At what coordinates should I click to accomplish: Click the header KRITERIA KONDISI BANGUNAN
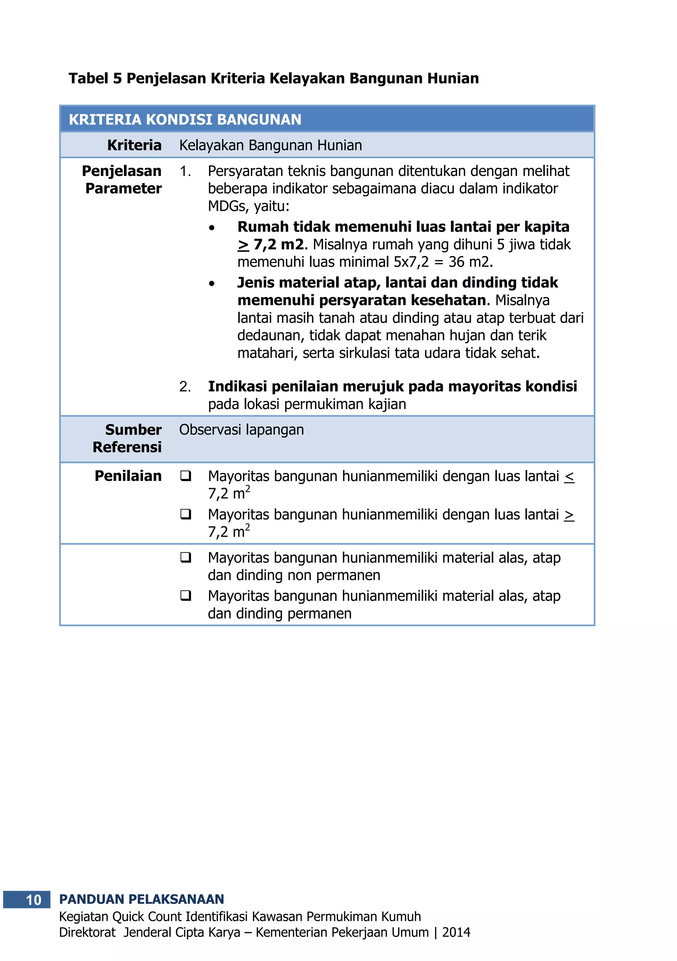(x=185, y=120)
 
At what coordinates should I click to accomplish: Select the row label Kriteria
(x=134, y=145)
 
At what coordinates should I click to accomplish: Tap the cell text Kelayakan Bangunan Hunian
(x=270, y=145)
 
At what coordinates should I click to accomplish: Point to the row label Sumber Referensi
(x=128, y=438)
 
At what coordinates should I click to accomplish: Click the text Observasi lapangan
(x=241, y=430)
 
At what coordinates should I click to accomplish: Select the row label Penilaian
(x=128, y=476)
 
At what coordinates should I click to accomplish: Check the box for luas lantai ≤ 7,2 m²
(x=185, y=476)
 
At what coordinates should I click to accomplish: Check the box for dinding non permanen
(x=185, y=558)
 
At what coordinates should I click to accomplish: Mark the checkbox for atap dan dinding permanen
(x=185, y=596)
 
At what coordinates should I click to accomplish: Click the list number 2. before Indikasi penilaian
(x=184, y=387)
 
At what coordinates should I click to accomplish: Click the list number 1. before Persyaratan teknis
(x=184, y=171)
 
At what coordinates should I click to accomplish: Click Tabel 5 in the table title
(x=95, y=78)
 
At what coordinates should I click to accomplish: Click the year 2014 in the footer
(x=456, y=932)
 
